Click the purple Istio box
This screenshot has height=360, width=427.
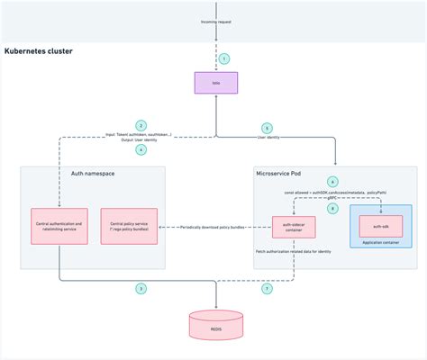point(215,85)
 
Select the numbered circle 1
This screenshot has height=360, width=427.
point(224,58)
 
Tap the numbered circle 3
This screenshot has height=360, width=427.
point(141,288)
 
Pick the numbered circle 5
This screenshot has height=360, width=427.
point(266,128)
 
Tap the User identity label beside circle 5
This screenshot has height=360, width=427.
point(267,138)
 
